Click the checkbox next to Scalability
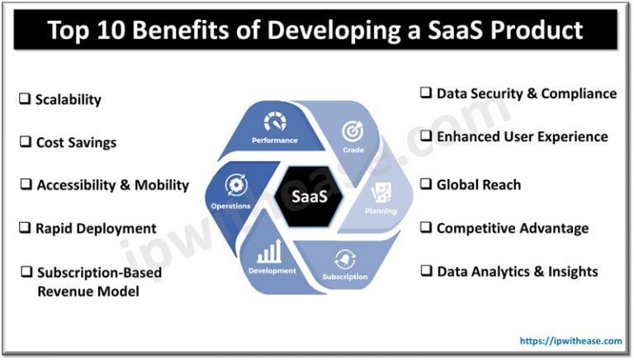(x=26, y=100)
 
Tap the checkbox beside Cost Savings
(x=26, y=143)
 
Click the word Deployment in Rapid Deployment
(x=116, y=228)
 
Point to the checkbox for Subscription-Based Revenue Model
(x=26, y=272)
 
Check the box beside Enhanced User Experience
(x=426, y=136)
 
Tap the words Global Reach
(x=479, y=184)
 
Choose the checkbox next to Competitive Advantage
(x=426, y=228)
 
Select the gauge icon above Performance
(x=274, y=122)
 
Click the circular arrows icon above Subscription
(x=345, y=259)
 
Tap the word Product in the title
(x=537, y=30)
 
